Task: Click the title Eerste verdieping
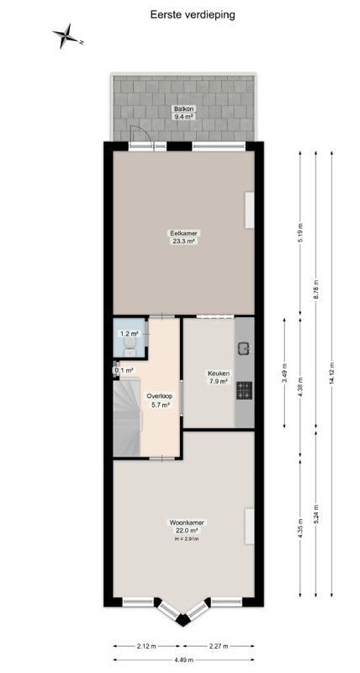pos(193,14)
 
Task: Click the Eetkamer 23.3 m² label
pos(183,237)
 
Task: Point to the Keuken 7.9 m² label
pos(218,377)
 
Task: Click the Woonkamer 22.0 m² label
pos(187,527)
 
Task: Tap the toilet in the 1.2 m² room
pos(130,346)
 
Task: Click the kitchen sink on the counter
pos(244,348)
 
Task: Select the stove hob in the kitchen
pos(244,389)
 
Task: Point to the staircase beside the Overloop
pos(127,417)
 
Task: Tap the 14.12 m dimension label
pos(331,374)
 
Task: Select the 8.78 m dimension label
pos(315,289)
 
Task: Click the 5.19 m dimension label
pos(300,232)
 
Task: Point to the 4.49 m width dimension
pos(183,660)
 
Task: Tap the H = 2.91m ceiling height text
pos(187,538)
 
